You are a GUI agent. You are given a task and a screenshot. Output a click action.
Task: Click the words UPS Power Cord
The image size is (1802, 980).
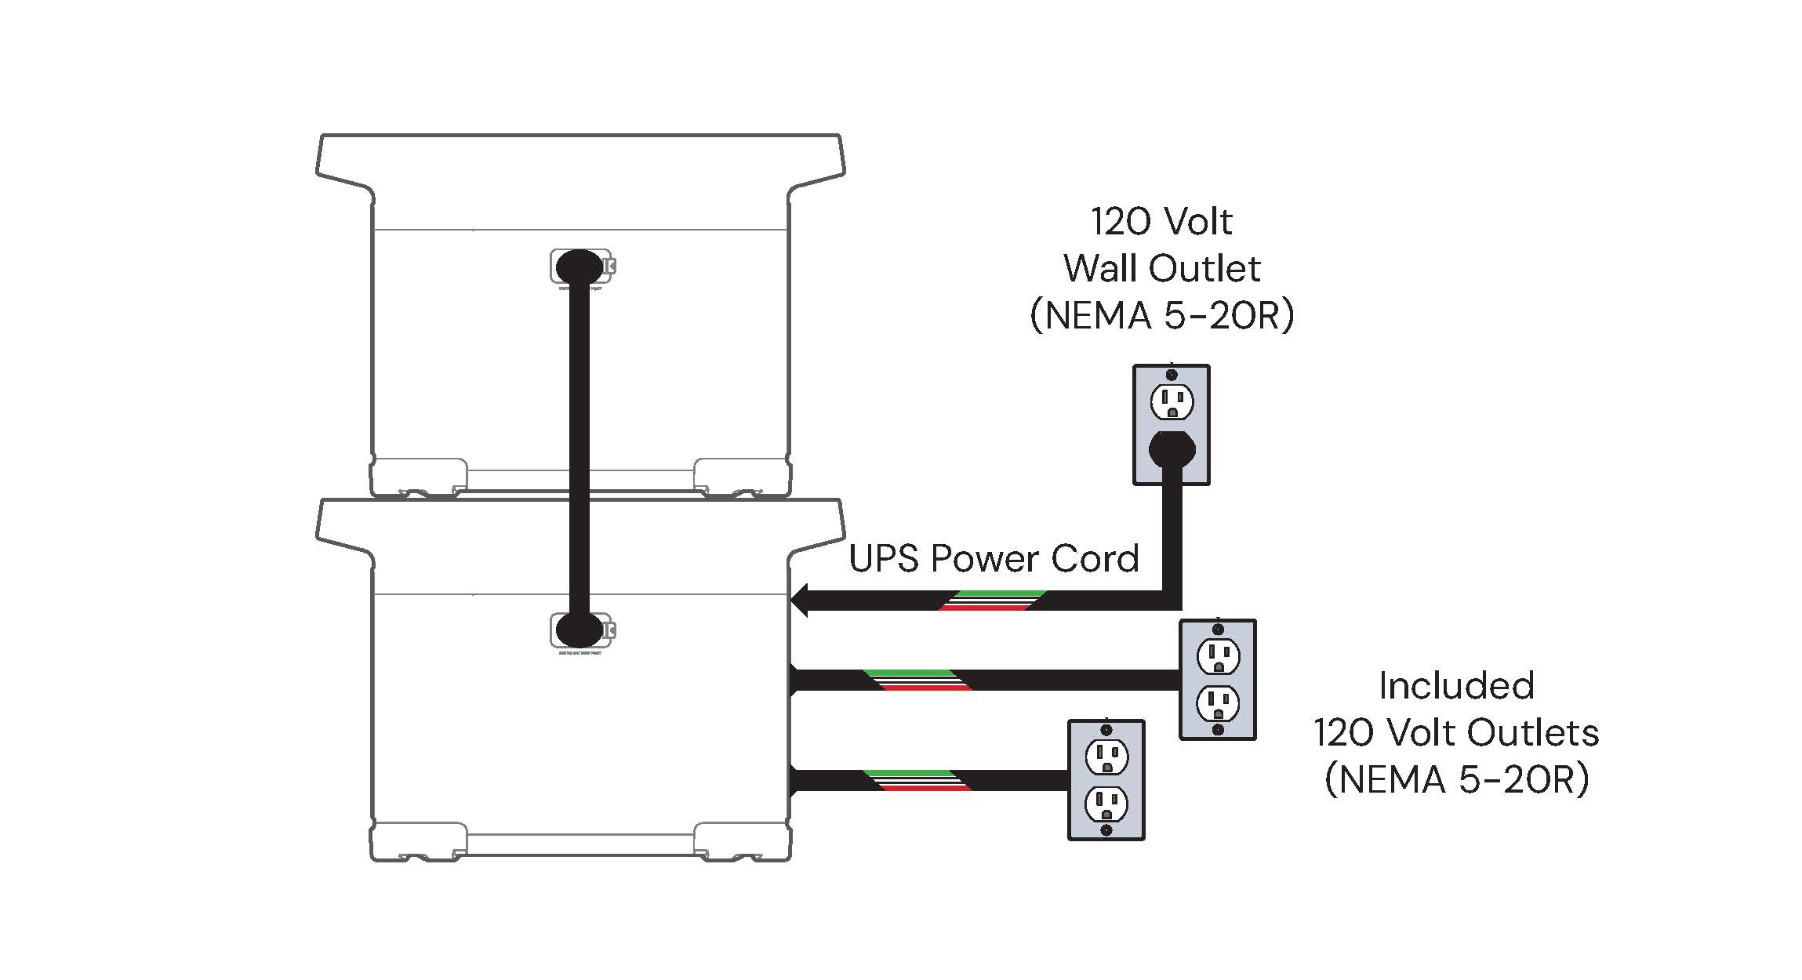click(994, 559)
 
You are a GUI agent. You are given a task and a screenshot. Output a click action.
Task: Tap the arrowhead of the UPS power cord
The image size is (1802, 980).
click(801, 601)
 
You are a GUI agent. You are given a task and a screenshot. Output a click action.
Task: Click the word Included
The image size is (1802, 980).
click(1456, 686)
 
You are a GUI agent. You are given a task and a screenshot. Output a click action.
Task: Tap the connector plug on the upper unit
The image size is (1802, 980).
click(580, 267)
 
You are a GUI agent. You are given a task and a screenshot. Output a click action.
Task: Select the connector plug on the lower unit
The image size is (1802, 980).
click(580, 630)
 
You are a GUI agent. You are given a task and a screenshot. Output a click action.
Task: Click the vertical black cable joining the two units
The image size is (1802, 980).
click(579, 447)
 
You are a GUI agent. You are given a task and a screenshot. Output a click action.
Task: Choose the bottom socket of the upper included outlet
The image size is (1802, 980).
click(1218, 704)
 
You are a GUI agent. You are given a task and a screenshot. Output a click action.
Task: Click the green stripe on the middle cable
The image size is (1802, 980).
click(910, 673)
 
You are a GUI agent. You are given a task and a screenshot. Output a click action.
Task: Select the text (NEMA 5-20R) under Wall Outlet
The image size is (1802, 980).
click(1161, 316)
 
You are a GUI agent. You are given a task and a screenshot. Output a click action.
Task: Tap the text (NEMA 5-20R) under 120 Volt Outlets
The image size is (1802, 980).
click(1456, 780)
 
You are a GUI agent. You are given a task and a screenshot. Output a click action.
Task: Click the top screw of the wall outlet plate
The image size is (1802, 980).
click(1172, 375)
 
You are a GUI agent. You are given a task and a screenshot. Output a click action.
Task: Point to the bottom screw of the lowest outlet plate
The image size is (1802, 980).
click(1106, 829)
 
